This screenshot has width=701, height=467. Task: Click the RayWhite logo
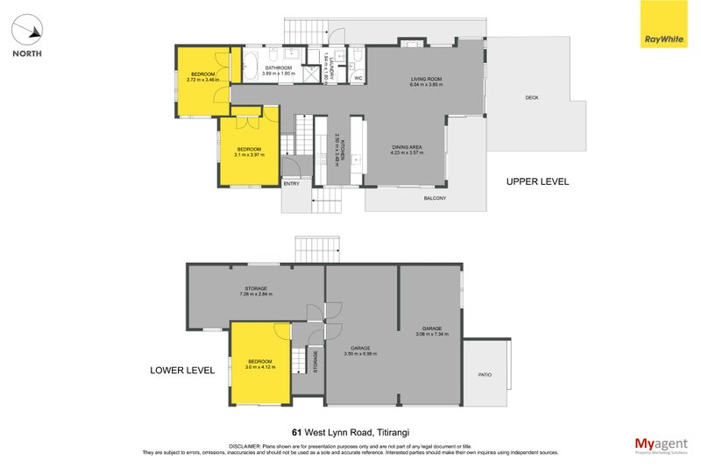[x=664, y=29]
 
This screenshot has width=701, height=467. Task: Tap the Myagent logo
[x=659, y=442]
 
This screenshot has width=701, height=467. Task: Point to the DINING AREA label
[x=407, y=148]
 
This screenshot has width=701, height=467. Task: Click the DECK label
[x=531, y=97]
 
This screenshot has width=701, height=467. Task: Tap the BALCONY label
[x=435, y=199]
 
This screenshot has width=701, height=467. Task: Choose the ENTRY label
[x=291, y=183]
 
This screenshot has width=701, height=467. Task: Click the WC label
[x=358, y=79]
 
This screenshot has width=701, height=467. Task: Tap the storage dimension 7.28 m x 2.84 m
[x=256, y=294]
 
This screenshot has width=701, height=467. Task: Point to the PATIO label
[x=485, y=374]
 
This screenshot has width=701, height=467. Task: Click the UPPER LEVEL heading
[x=537, y=182]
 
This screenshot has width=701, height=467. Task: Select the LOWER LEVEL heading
[x=182, y=371]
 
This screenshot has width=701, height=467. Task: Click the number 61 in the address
[x=297, y=432]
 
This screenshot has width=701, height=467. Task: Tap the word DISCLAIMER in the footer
[x=246, y=446]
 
